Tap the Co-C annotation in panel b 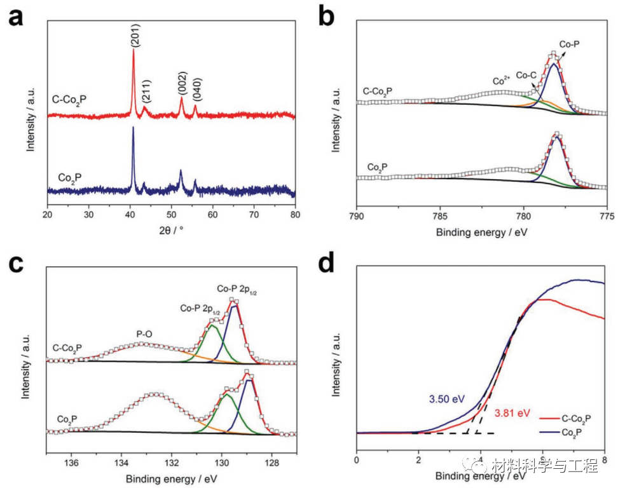pos(525,74)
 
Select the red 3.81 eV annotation pos(512,412)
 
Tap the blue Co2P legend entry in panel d pos(573,431)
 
